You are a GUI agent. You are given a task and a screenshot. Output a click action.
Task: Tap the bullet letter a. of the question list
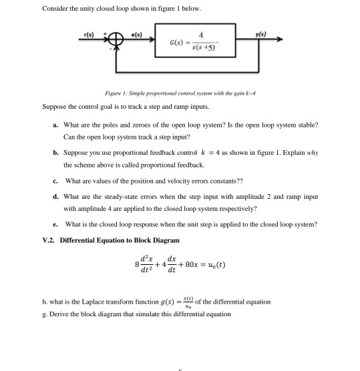click(55, 125)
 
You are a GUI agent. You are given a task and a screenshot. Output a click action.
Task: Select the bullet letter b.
click(55, 153)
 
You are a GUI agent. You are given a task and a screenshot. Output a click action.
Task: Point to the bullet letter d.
click(55, 197)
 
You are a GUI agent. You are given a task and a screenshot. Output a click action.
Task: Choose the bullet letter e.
click(55, 224)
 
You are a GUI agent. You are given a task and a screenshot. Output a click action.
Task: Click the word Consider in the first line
click(55, 8)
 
